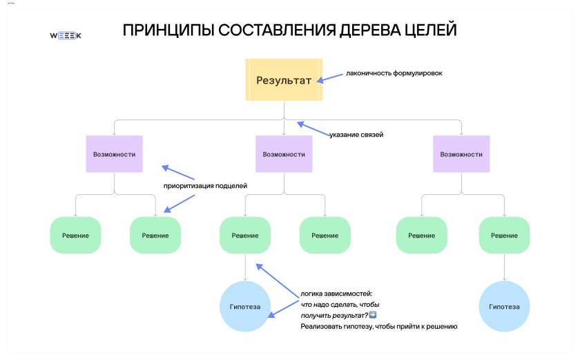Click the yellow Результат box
(x=284, y=79)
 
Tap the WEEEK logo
(x=66, y=35)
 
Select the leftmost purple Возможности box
(x=115, y=154)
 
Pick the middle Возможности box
(x=284, y=154)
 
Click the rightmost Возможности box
(x=461, y=154)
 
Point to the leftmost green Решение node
(x=75, y=236)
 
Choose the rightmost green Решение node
(x=504, y=236)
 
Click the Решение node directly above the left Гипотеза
(x=245, y=236)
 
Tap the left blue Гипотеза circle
(x=245, y=306)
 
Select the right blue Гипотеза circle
(x=504, y=306)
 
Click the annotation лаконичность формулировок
(x=394, y=73)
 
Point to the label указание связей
(x=356, y=135)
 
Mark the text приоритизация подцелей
(x=205, y=186)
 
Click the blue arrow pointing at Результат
(x=330, y=78)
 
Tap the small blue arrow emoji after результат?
(x=373, y=315)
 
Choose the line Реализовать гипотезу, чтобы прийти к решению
(x=379, y=326)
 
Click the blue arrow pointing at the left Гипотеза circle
(x=283, y=309)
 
